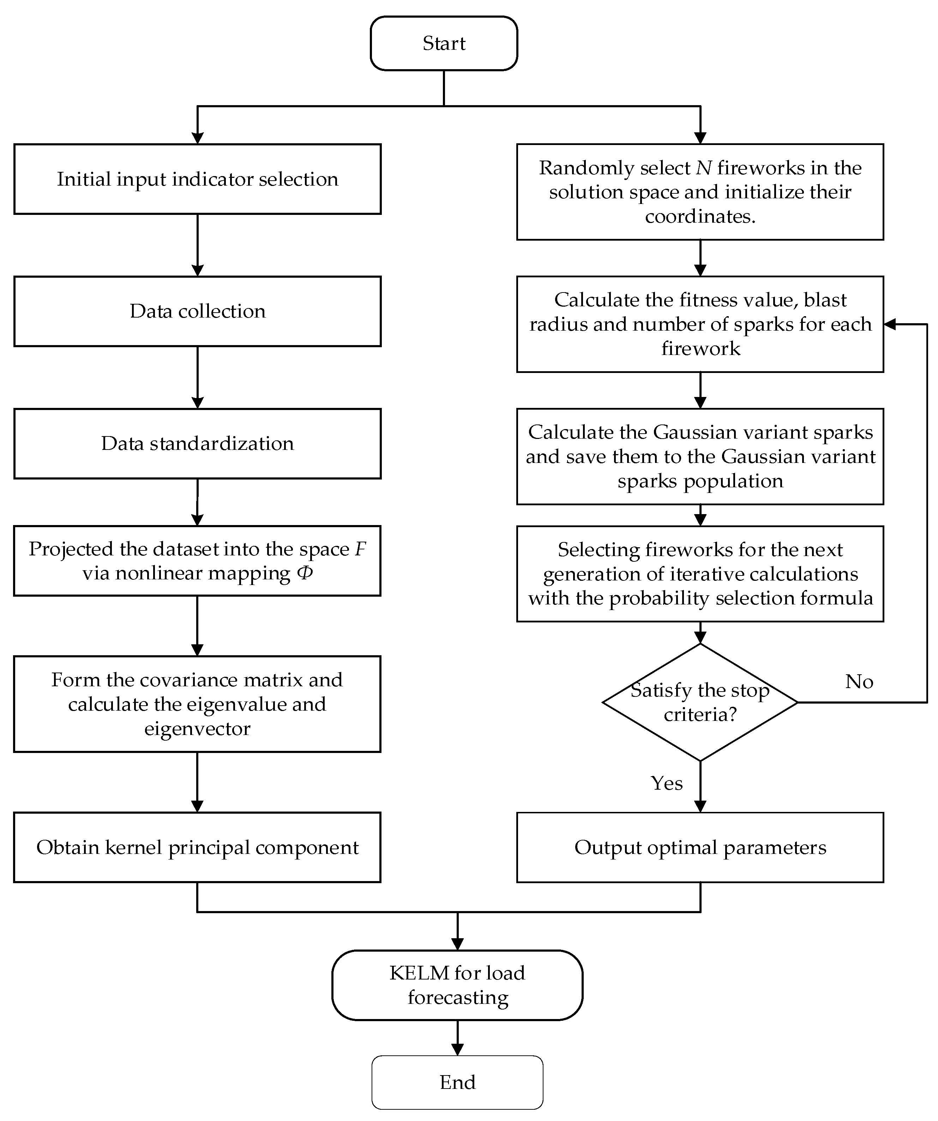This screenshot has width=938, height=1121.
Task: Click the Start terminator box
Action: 444,43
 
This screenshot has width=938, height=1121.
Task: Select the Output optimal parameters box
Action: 700,847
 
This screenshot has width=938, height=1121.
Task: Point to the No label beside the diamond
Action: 859,682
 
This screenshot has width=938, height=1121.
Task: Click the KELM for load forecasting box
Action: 457,985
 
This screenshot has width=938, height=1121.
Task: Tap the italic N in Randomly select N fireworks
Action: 704,168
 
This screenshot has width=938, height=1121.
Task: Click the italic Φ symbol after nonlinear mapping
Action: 305,573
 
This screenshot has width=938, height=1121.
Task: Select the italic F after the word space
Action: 361,549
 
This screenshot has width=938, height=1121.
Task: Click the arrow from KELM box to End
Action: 457,1038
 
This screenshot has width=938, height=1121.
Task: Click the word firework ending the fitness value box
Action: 701,349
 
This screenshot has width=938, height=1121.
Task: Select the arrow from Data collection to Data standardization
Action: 198,378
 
